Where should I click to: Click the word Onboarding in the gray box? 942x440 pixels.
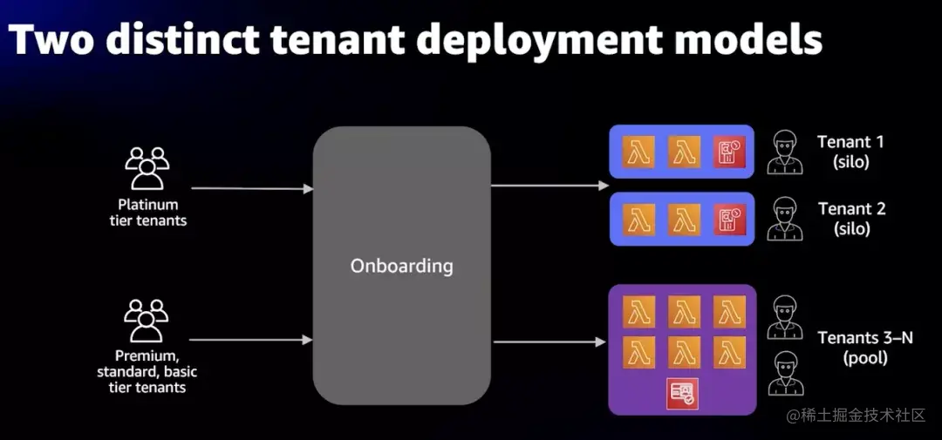point(401,266)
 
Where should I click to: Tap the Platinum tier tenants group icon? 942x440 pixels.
point(146,168)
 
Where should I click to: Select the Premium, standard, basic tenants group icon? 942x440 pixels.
point(146,321)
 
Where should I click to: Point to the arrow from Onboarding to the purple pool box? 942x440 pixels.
point(549,342)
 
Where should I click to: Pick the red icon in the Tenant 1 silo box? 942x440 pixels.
point(729,152)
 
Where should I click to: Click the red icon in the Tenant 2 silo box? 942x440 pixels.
point(729,219)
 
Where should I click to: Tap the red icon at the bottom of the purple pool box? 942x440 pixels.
point(682,393)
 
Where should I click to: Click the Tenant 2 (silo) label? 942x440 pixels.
point(851,219)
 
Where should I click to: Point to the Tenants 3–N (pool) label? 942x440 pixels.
point(864,348)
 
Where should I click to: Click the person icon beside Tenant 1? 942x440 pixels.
point(784,152)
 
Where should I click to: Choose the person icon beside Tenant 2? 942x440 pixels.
point(784,219)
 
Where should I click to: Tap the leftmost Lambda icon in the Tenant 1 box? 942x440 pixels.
point(639,152)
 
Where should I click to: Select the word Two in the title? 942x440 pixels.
point(53,40)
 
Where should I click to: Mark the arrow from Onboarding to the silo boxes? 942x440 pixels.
point(549,186)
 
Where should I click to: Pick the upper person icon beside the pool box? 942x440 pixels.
point(784,318)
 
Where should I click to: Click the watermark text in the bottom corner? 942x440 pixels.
point(856,416)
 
